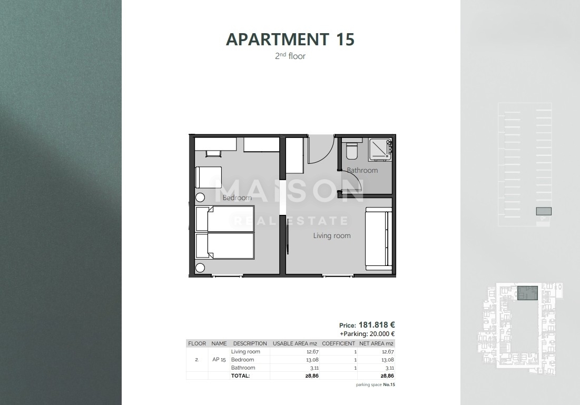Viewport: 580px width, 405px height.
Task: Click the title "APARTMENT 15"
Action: pyautogui.click(x=290, y=39)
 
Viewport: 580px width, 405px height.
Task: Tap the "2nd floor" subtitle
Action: pyautogui.click(x=290, y=56)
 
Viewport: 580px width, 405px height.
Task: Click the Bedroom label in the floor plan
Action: pyautogui.click(x=237, y=198)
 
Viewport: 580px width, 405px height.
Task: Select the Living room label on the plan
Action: pyautogui.click(x=332, y=236)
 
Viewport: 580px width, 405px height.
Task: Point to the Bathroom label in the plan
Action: pyautogui.click(x=362, y=171)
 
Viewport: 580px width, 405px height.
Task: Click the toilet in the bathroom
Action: pyautogui.click(x=352, y=150)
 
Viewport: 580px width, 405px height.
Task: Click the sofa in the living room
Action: pyautogui.click(x=379, y=239)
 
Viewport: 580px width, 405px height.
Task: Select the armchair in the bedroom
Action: pyautogui.click(x=209, y=176)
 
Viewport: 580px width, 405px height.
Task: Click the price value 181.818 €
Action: pyautogui.click(x=377, y=325)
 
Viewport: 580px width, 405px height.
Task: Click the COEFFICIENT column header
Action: pyautogui.click(x=338, y=343)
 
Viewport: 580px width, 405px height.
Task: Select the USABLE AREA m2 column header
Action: pyautogui.click(x=294, y=343)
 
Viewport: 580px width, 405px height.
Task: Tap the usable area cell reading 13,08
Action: pyautogui.click(x=312, y=360)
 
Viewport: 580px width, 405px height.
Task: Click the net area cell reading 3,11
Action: pyautogui.click(x=389, y=368)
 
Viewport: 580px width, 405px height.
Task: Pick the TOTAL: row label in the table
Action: pyautogui.click(x=240, y=376)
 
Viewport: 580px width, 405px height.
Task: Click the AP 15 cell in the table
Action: pyautogui.click(x=219, y=360)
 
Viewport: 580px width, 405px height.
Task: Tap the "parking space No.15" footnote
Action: pyautogui.click(x=375, y=385)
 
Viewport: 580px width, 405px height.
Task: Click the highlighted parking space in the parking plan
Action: pyautogui.click(x=543, y=211)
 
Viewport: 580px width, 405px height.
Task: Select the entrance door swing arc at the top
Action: pyautogui.click(x=321, y=150)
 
